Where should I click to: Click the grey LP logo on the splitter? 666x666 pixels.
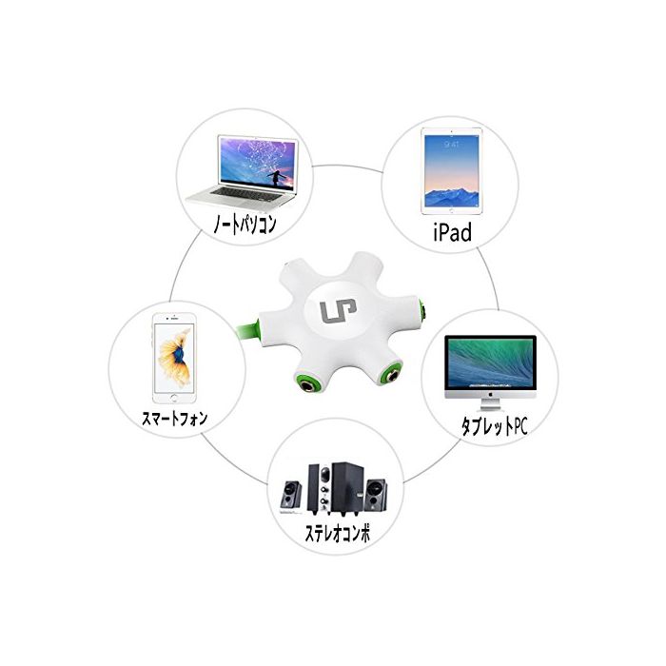[x=332, y=313]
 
